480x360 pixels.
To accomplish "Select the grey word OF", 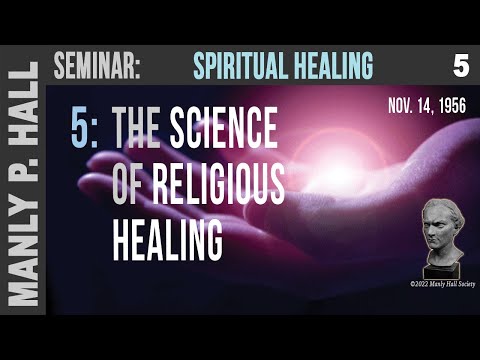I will (x=133, y=185).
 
